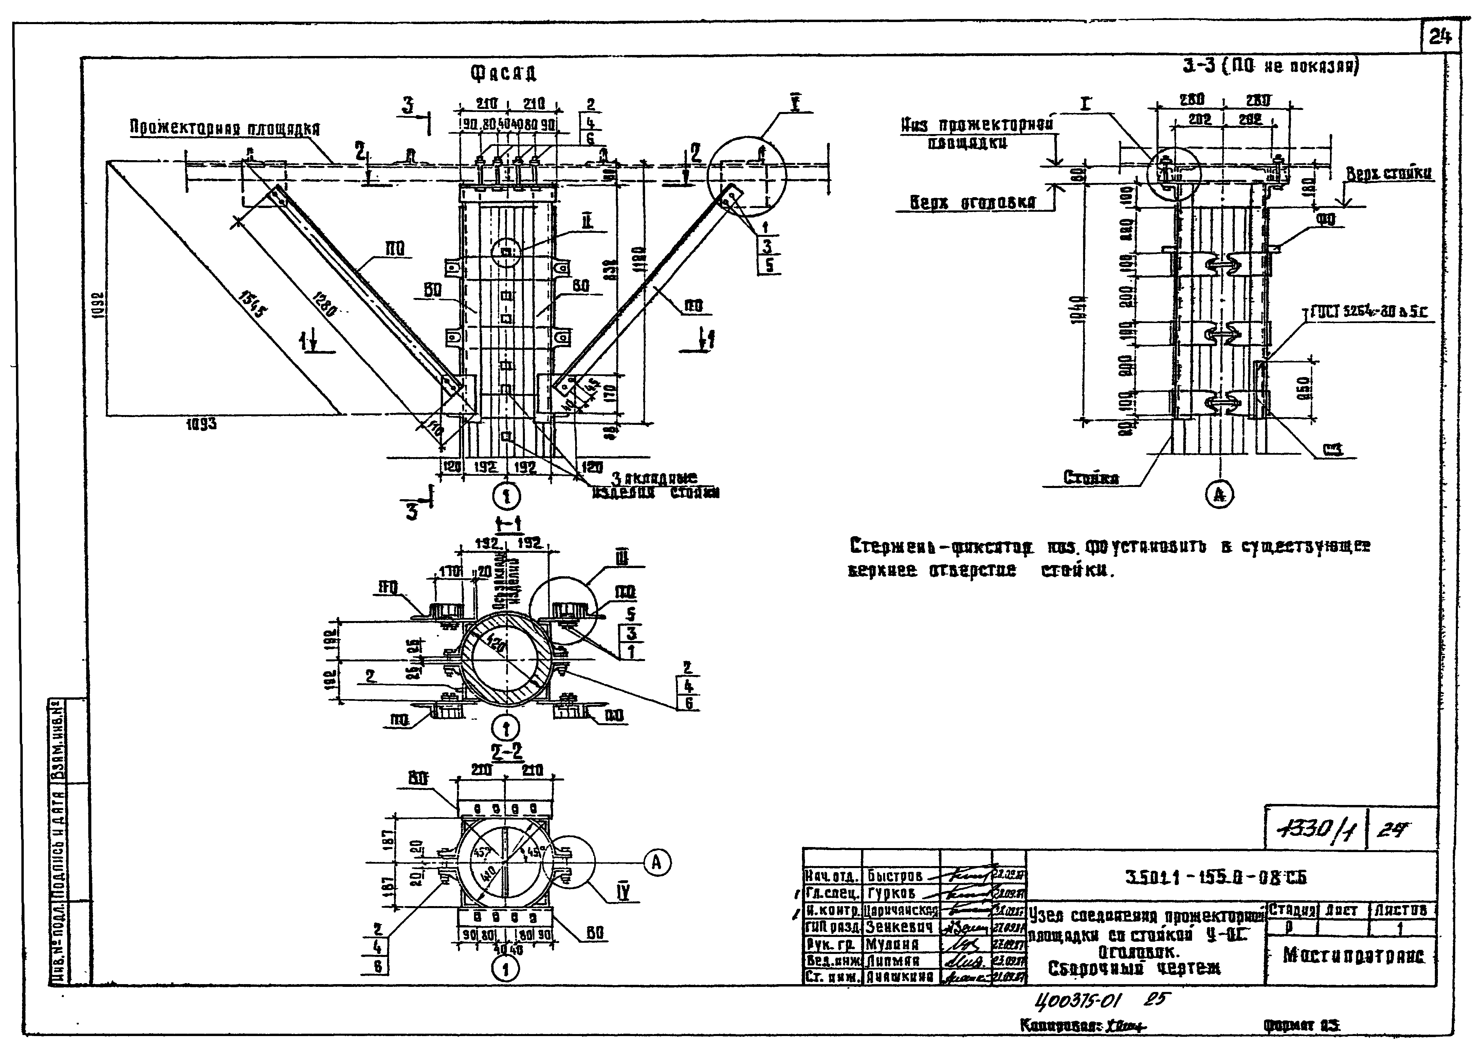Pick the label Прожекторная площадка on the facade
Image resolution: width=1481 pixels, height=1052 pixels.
225,128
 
